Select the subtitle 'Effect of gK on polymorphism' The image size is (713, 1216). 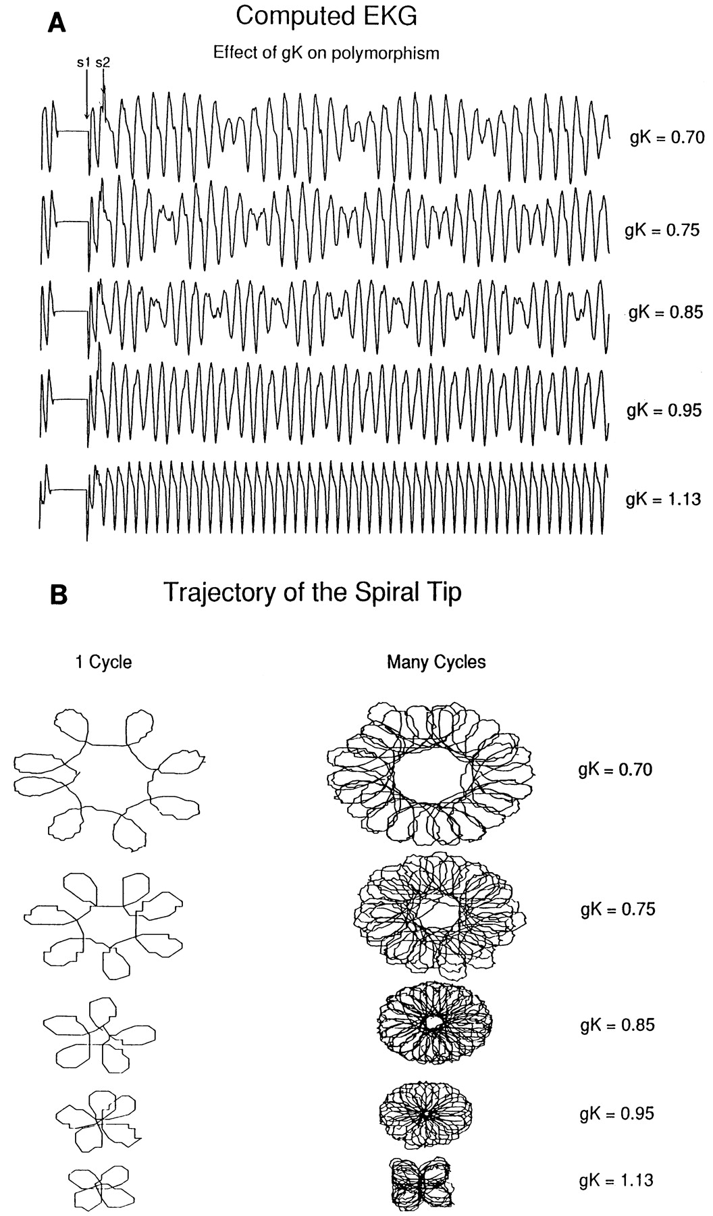click(327, 53)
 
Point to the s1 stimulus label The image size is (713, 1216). click(83, 63)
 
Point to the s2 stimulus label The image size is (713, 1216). click(102, 63)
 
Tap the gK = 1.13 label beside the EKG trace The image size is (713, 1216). click(664, 500)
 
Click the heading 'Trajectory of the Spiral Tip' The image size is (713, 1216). click(313, 592)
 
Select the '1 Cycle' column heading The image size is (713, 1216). click(103, 662)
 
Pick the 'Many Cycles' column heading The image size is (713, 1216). click(436, 662)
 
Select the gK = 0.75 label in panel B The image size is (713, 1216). click(618, 909)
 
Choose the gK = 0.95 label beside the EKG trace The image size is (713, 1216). click(664, 410)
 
